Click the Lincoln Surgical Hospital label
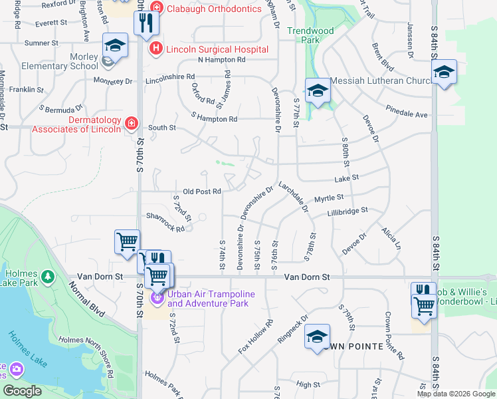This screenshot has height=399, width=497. click(x=217, y=49)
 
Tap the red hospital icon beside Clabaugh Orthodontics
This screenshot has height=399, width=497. click(x=156, y=8)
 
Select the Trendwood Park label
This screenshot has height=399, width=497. click(x=311, y=35)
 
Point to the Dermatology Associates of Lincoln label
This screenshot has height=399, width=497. click(x=76, y=124)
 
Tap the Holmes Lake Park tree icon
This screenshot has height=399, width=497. click(x=47, y=276)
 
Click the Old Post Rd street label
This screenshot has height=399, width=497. click(x=201, y=192)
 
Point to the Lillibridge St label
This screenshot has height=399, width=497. click(x=347, y=212)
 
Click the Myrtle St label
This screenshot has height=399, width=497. click(x=328, y=198)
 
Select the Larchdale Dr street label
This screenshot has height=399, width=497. click(x=294, y=196)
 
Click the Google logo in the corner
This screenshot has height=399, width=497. click(x=23, y=391)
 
